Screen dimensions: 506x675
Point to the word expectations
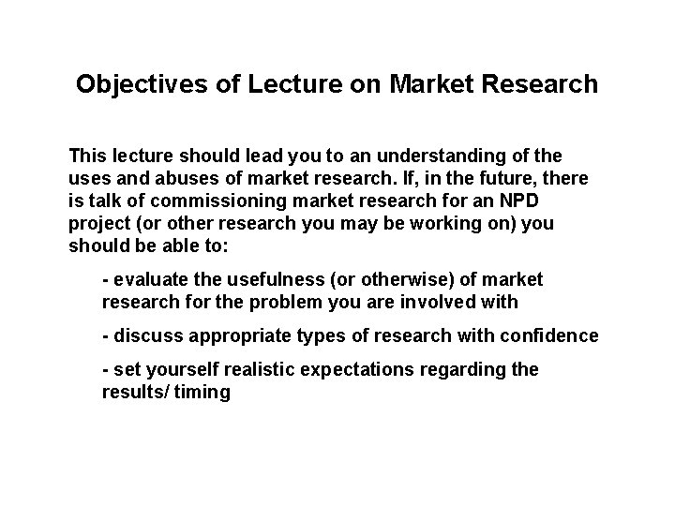click(359, 370)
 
